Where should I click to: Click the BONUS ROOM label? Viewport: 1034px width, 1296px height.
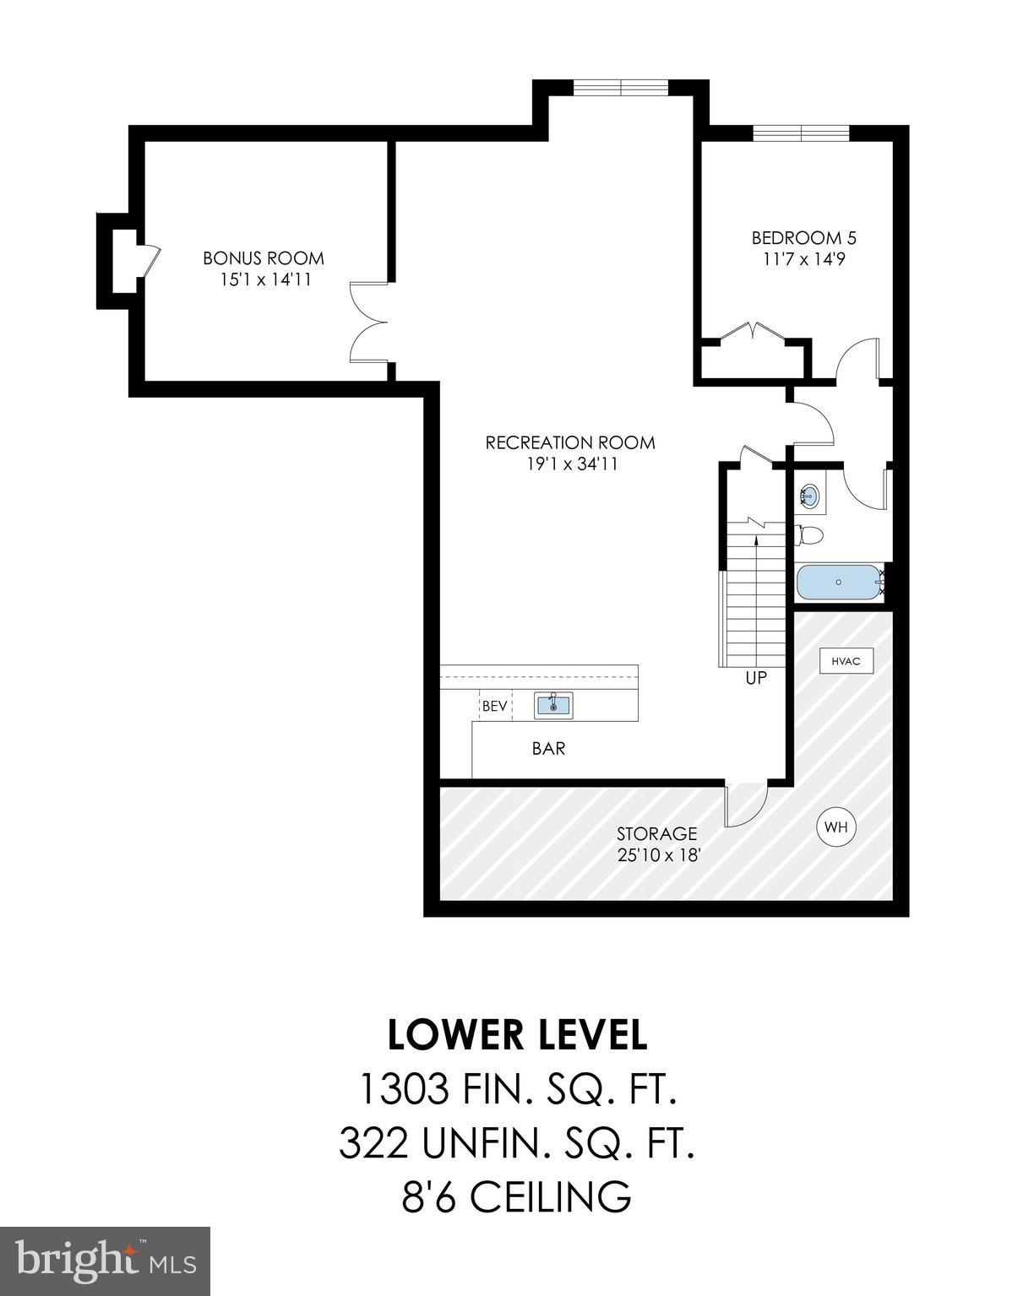coord(263,258)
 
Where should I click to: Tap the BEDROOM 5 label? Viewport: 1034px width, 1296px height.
coord(797,238)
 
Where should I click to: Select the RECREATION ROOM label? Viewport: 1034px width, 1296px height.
coord(569,442)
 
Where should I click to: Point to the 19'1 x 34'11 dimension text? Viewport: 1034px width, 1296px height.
coord(569,464)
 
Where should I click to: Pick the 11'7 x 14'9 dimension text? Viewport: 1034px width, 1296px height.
coord(798,259)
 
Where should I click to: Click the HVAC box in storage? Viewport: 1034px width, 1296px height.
coord(846,661)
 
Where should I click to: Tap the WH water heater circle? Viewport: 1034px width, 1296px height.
coord(835,827)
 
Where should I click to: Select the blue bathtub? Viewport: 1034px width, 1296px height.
coord(838,583)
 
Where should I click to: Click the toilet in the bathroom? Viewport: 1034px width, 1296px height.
coord(809,535)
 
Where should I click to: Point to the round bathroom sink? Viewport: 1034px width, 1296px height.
coord(809,496)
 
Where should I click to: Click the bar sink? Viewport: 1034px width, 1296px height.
coord(553,705)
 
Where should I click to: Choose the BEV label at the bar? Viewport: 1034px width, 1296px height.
coord(495,706)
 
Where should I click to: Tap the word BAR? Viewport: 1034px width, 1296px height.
coord(548,748)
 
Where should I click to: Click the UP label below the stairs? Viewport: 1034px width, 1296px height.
coord(756,678)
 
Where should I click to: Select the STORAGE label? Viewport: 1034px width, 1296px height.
coord(656,834)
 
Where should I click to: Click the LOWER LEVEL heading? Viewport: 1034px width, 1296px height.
coord(517,1035)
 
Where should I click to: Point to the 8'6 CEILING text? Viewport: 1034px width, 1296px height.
coord(517,1196)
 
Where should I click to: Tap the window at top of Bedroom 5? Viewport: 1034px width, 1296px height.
coord(800,133)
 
